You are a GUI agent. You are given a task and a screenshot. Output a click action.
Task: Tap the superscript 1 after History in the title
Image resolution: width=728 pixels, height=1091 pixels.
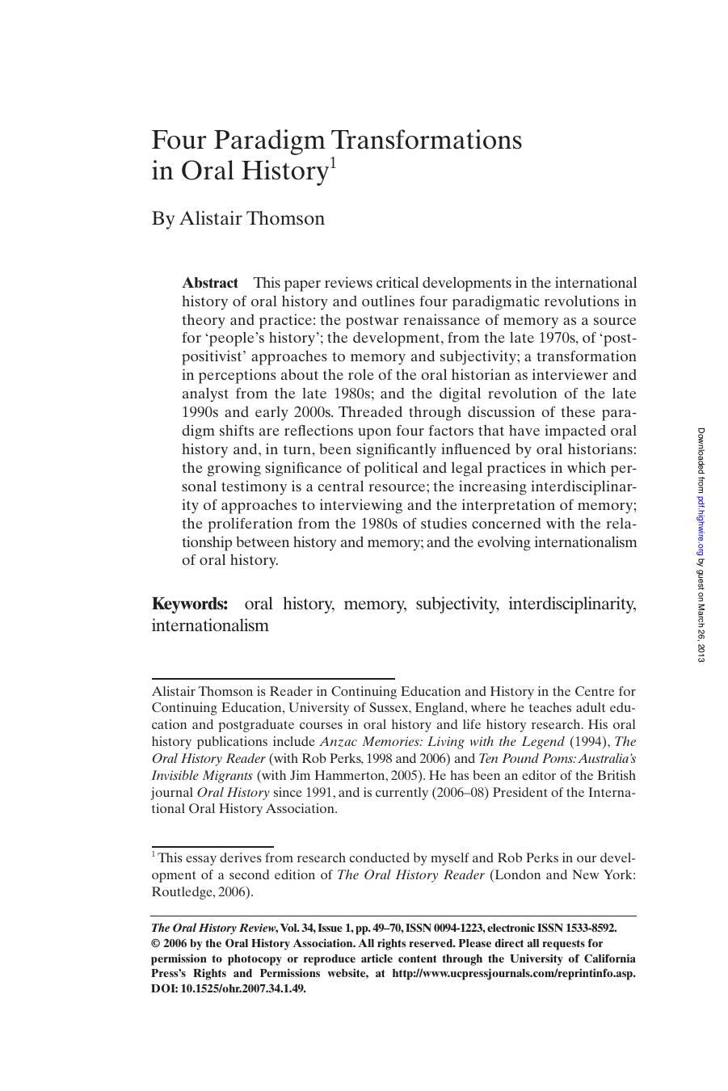coord(330,163)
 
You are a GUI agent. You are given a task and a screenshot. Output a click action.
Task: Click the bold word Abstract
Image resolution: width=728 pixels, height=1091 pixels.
coord(210,283)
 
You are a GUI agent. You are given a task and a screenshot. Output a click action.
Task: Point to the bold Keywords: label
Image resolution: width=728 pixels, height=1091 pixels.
coord(190,604)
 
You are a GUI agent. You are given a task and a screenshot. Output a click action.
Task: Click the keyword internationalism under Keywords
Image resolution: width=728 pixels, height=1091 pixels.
coord(209,626)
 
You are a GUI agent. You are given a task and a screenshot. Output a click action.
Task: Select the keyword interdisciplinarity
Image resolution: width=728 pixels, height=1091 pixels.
coord(571,604)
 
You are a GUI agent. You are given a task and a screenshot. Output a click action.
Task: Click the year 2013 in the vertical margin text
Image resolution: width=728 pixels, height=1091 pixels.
coord(701,653)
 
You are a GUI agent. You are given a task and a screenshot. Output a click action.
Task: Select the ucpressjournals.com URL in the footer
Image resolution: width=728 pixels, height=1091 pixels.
coord(513,974)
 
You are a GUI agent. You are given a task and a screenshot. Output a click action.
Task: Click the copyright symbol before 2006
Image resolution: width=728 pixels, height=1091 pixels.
coord(156,943)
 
